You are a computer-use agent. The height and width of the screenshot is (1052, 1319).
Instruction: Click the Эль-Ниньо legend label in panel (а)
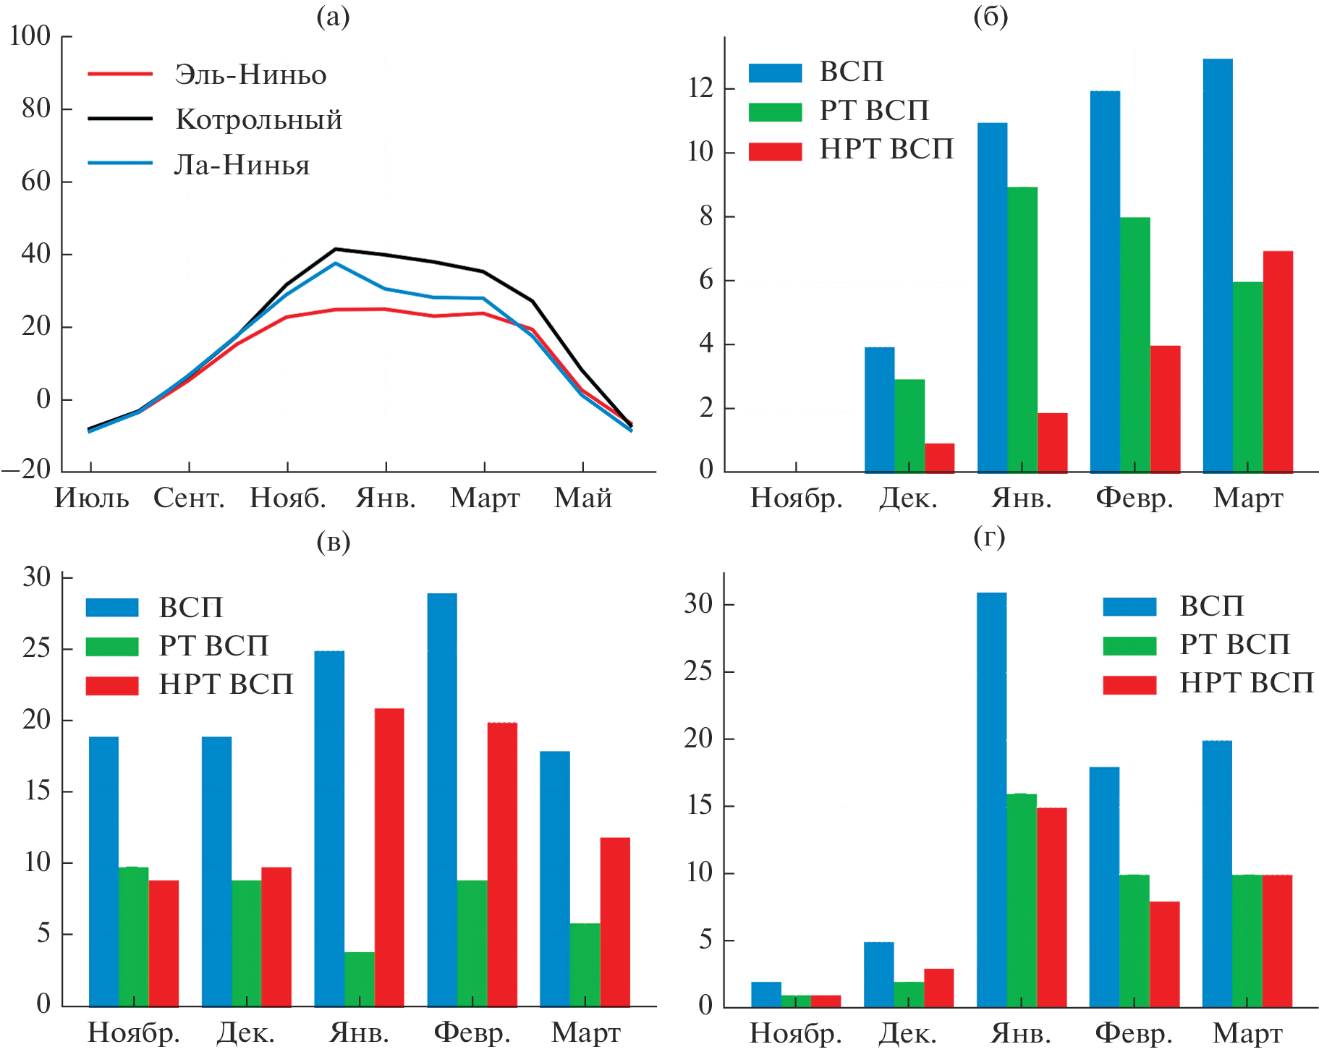point(250,75)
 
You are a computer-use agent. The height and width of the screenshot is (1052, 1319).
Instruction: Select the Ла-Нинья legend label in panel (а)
point(242,165)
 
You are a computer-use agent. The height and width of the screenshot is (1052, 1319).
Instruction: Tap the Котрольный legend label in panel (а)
point(259,119)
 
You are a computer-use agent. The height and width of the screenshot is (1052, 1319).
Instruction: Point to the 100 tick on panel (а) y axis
point(30,35)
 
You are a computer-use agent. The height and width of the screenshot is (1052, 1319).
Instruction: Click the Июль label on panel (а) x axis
point(92,498)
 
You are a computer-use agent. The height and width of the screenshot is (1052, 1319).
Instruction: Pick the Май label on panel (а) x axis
point(583,498)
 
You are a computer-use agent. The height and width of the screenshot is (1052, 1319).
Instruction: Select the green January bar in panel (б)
point(1022,329)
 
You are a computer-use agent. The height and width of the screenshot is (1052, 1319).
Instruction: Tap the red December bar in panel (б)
point(939,457)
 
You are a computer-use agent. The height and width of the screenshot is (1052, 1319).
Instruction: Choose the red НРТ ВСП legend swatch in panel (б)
point(775,150)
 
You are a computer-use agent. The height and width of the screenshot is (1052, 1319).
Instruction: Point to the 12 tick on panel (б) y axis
point(700,88)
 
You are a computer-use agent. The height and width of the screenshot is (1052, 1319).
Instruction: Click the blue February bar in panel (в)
point(442,799)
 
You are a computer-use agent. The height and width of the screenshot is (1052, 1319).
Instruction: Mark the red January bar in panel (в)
point(389,857)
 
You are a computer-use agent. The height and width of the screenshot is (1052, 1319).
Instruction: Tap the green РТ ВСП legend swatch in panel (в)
point(112,645)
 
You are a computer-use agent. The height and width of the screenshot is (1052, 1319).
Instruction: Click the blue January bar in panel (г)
point(991,799)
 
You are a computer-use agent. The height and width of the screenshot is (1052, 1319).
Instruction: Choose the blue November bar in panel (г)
point(766,994)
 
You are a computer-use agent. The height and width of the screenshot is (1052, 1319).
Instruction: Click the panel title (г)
point(989,538)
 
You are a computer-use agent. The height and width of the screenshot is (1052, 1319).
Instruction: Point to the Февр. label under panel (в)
point(472,1032)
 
